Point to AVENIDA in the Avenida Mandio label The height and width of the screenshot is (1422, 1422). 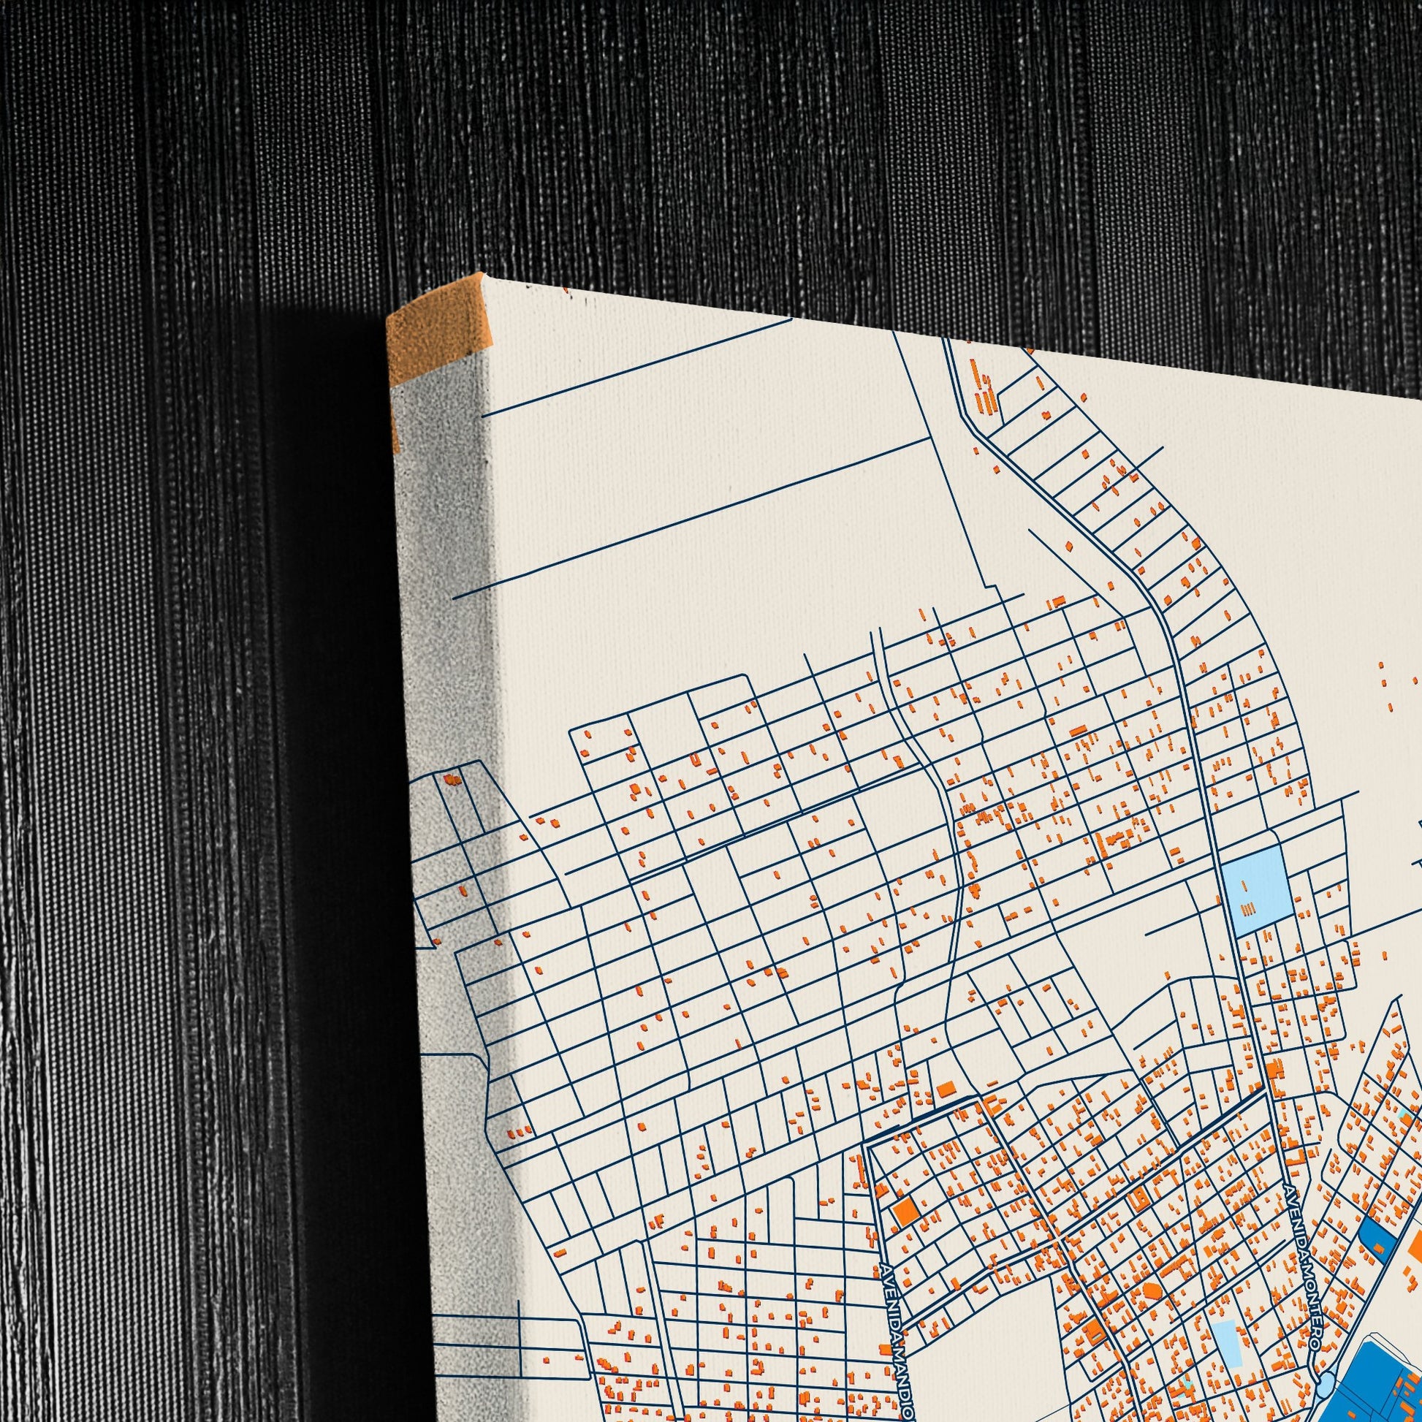[889, 1296]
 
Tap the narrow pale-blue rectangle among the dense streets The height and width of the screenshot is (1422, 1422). [1226, 1302]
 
